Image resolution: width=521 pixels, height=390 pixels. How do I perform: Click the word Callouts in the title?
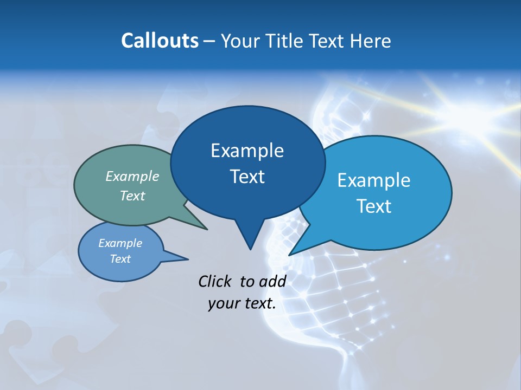coord(160,41)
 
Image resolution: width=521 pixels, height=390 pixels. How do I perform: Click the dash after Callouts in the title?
coord(209,41)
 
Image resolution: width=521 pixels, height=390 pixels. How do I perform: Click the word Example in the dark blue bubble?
coord(247,151)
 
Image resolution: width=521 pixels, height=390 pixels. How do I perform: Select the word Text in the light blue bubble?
coord(373,206)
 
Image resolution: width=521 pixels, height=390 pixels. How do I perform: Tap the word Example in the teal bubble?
coord(132,176)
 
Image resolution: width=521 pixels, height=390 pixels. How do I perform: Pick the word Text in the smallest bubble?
coord(120,259)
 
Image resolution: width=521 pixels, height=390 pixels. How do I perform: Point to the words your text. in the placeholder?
coord(242,303)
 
